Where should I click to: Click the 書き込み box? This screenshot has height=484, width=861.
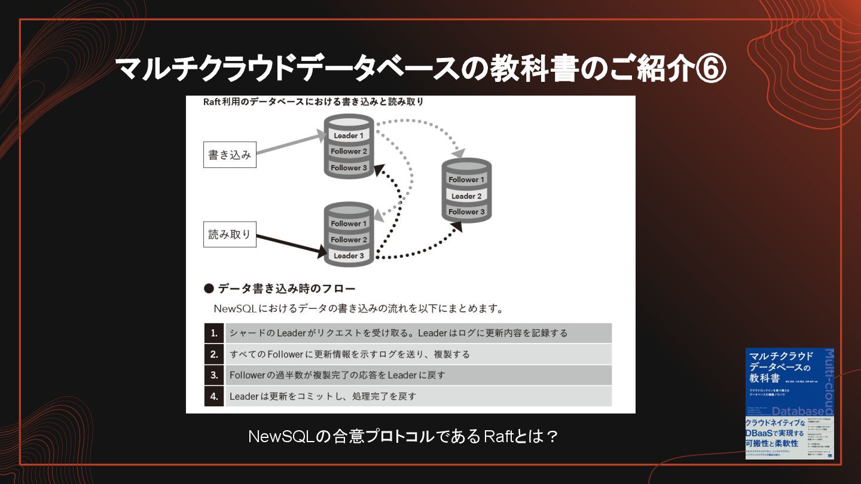coord(230,155)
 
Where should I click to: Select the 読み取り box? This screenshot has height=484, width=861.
coord(230,234)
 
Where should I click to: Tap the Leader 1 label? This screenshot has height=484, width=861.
coord(349,136)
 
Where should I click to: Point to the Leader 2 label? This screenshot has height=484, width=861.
coord(466,196)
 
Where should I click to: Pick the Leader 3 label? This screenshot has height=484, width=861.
coord(349,256)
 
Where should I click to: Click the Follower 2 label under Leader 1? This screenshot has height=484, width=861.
coord(349,152)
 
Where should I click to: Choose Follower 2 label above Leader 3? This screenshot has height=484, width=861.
coord(349,240)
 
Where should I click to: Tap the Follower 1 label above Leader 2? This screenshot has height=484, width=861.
coord(466,180)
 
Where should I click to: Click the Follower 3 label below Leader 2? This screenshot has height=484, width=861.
coord(466,212)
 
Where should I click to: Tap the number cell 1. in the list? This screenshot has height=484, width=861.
coord(214,333)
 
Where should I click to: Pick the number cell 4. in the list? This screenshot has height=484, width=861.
coord(214,396)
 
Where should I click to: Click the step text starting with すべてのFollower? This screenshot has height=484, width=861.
coord(350,354)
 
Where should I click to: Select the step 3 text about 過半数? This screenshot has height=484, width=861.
coord(337,375)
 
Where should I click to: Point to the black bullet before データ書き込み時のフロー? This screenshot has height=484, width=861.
coord(209,289)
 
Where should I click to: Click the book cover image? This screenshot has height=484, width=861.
coord(789,403)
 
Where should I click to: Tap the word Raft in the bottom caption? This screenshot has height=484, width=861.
coord(499,437)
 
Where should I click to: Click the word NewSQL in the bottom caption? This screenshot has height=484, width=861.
coord(280,437)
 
